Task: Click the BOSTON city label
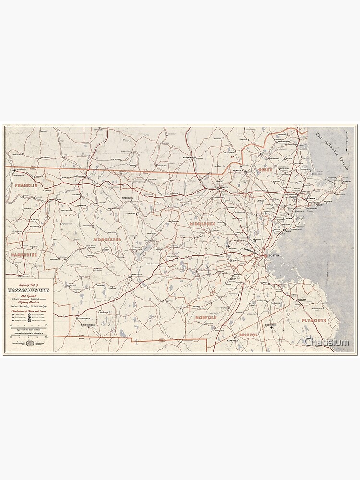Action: click(274, 256)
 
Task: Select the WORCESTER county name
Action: click(108, 239)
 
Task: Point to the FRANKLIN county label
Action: click(26, 185)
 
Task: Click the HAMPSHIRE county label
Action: click(24, 255)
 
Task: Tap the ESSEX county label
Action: click(265, 170)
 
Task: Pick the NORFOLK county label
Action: click(206, 317)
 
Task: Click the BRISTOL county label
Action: click(248, 335)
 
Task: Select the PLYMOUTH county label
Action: click(314, 320)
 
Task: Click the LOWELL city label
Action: click(223, 187)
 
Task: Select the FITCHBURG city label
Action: click(127, 198)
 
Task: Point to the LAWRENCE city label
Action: click(239, 171)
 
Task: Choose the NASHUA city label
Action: click(187, 157)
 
